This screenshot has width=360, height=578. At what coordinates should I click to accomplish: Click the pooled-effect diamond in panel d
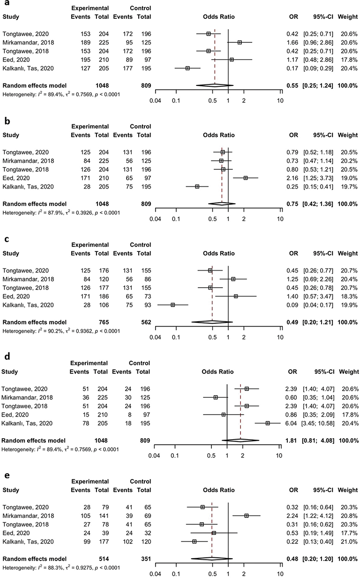click(x=240, y=440)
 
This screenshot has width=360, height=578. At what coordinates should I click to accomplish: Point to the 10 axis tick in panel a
click(x=280, y=100)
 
